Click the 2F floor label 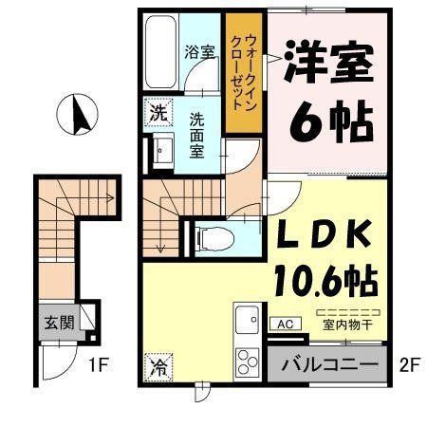click(x=407, y=362)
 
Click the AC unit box click(x=284, y=323)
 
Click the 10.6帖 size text click(x=325, y=278)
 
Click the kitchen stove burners click(x=248, y=361)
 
